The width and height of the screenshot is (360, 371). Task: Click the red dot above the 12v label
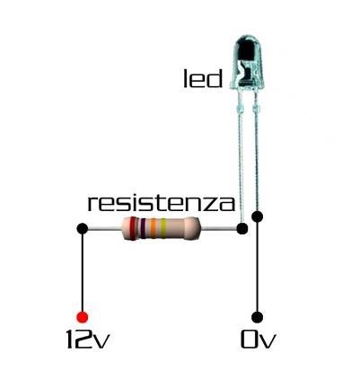[x=82, y=317]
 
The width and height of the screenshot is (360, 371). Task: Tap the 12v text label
[x=88, y=340]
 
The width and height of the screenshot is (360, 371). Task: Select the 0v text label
[x=258, y=340]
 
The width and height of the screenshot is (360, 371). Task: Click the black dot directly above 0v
[x=258, y=317]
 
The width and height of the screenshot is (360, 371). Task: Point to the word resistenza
[x=161, y=203]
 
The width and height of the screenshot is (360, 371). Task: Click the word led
[x=203, y=78]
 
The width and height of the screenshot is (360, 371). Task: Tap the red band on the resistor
[x=133, y=229]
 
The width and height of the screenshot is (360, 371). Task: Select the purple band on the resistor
[x=143, y=229]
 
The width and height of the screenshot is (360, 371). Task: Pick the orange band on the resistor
[x=154, y=229]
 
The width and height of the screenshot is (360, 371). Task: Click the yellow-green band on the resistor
[x=163, y=229]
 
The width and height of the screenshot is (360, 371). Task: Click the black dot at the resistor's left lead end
[x=83, y=229]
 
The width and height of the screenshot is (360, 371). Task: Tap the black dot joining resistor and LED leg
[x=242, y=229]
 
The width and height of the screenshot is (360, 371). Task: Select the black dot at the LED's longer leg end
[x=258, y=216]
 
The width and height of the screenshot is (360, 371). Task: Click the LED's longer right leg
[x=256, y=151]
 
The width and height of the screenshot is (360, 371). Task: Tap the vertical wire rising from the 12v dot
[x=82, y=273]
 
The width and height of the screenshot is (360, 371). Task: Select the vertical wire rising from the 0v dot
[x=258, y=267]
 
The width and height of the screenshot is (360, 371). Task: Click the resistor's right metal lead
[x=219, y=229]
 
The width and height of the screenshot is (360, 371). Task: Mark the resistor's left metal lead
[x=105, y=229]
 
